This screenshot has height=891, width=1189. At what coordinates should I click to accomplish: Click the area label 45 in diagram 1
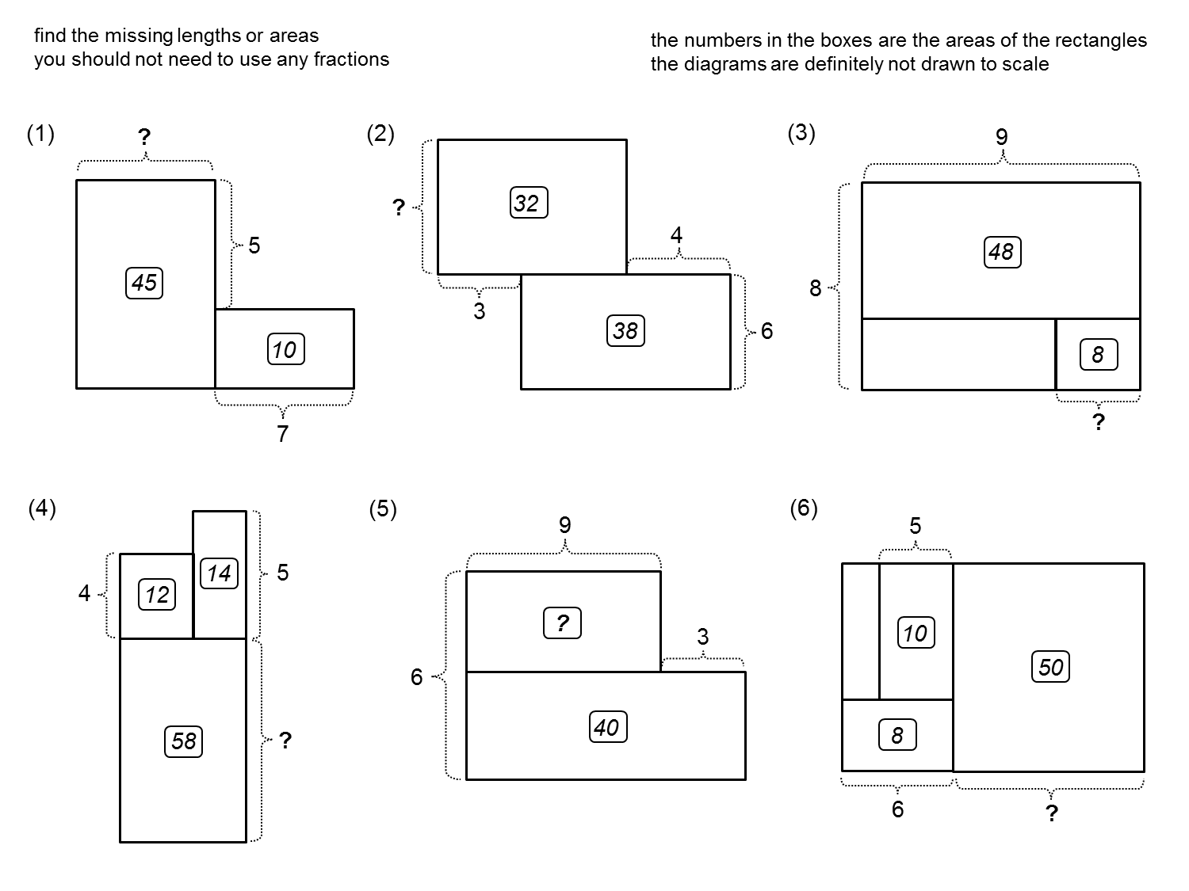click(144, 283)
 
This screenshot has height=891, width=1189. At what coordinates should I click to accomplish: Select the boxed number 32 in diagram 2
click(528, 204)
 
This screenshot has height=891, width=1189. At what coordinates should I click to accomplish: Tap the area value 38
click(625, 330)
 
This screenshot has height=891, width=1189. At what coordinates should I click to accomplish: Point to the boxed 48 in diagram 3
click(1002, 252)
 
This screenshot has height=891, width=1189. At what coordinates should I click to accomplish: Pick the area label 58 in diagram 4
click(184, 741)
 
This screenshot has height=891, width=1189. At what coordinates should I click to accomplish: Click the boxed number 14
click(219, 573)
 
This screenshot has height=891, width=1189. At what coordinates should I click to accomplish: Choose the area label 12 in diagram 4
click(157, 594)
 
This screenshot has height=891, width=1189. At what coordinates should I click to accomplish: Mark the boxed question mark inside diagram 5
click(562, 623)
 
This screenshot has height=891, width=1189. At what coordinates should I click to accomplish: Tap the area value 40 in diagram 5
click(607, 727)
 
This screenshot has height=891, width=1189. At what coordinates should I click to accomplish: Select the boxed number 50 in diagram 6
click(1050, 667)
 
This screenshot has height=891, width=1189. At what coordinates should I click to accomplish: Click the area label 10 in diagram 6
click(916, 633)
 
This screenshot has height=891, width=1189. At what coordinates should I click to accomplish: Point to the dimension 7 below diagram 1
click(283, 433)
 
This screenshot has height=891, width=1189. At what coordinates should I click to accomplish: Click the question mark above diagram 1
click(143, 138)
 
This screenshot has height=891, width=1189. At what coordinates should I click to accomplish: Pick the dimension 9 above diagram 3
click(1001, 138)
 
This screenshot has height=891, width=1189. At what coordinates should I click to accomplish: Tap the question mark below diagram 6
click(1051, 813)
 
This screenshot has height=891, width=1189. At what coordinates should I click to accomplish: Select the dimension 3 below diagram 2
click(479, 312)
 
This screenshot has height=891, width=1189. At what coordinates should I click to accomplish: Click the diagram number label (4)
click(42, 508)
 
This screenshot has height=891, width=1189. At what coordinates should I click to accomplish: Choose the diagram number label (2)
click(380, 134)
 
